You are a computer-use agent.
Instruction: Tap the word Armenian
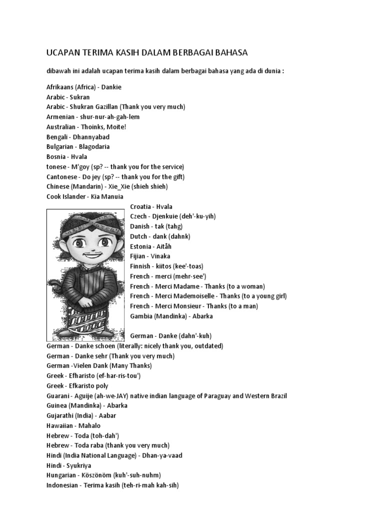[x=61, y=117]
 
